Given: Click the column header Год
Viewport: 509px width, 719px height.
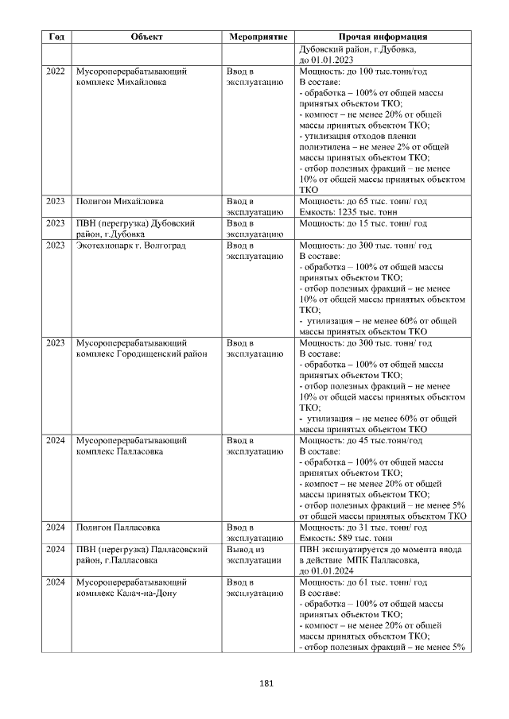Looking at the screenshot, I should click(56, 37).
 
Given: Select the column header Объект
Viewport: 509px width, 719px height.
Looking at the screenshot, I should click(146, 37).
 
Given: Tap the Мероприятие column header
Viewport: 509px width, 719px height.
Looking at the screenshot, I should click(256, 37).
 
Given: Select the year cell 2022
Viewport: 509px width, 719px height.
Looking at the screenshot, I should click(56, 72).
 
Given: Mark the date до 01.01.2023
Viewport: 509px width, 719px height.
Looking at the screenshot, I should click(326, 60).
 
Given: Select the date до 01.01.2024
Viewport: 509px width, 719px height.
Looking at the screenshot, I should click(326, 571).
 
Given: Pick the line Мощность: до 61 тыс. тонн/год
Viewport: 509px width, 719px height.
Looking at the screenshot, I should click(363, 582).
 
